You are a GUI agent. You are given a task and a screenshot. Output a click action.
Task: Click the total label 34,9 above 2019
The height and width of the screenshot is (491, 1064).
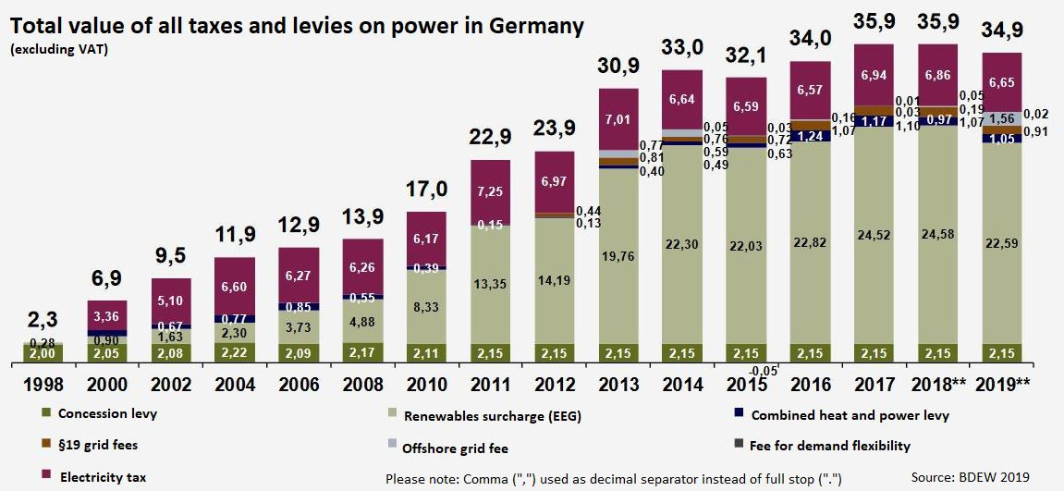1004,36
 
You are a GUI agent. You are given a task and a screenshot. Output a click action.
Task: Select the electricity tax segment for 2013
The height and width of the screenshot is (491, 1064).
618,118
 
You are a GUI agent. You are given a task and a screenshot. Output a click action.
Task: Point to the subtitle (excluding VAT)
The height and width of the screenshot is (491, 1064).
60,48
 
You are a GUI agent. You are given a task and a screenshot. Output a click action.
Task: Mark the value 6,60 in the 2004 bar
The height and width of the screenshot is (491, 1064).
235,287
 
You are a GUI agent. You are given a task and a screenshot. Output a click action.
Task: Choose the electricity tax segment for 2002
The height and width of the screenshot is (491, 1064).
171,301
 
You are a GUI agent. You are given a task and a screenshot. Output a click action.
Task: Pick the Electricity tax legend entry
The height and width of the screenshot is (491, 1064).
92,477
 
